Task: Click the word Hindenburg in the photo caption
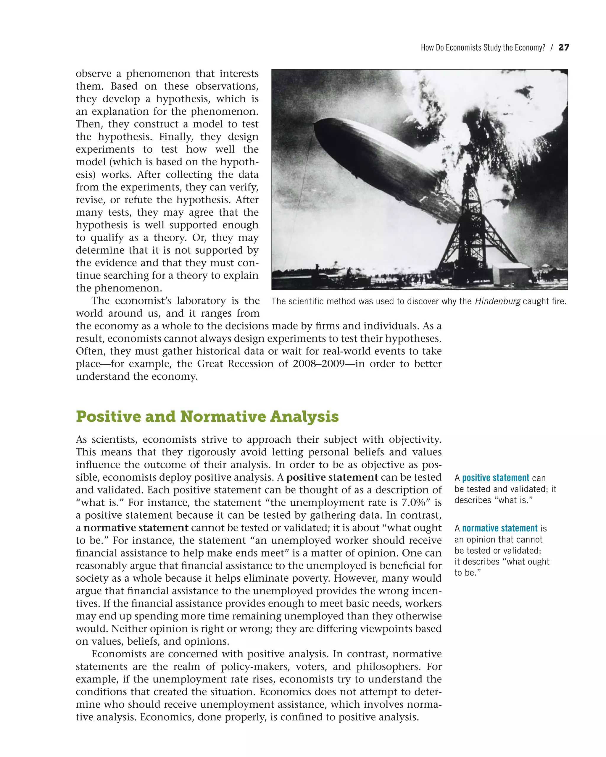pyautogui.click(x=497, y=301)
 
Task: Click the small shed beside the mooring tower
pyautogui.click(x=512, y=274)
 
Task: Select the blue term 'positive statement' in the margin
pyautogui.click(x=495, y=478)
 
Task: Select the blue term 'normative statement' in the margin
pyautogui.click(x=499, y=528)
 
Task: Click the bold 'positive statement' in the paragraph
pyautogui.click(x=332, y=478)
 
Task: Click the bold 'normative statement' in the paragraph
pyautogui.click(x=136, y=528)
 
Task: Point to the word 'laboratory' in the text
pyautogui.click(x=202, y=301)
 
